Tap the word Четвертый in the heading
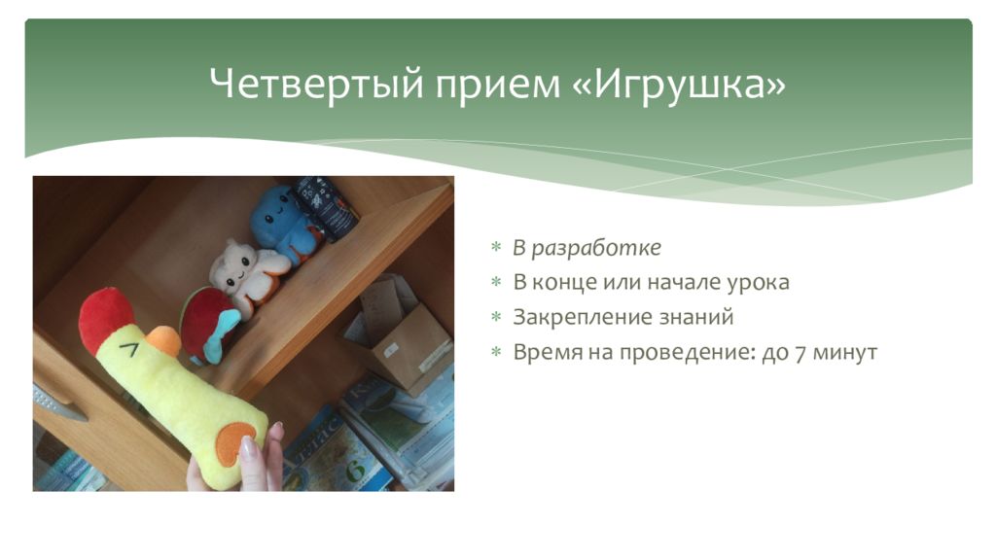pyautogui.click(x=316, y=84)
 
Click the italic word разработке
pyautogui.click(x=596, y=248)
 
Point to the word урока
pyautogui.click(x=758, y=283)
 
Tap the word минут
pyautogui.click(x=845, y=352)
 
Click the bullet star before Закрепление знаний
pyautogui.click(x=496, y=316)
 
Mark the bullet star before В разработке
pyautogui.click(x=496, y=246)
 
